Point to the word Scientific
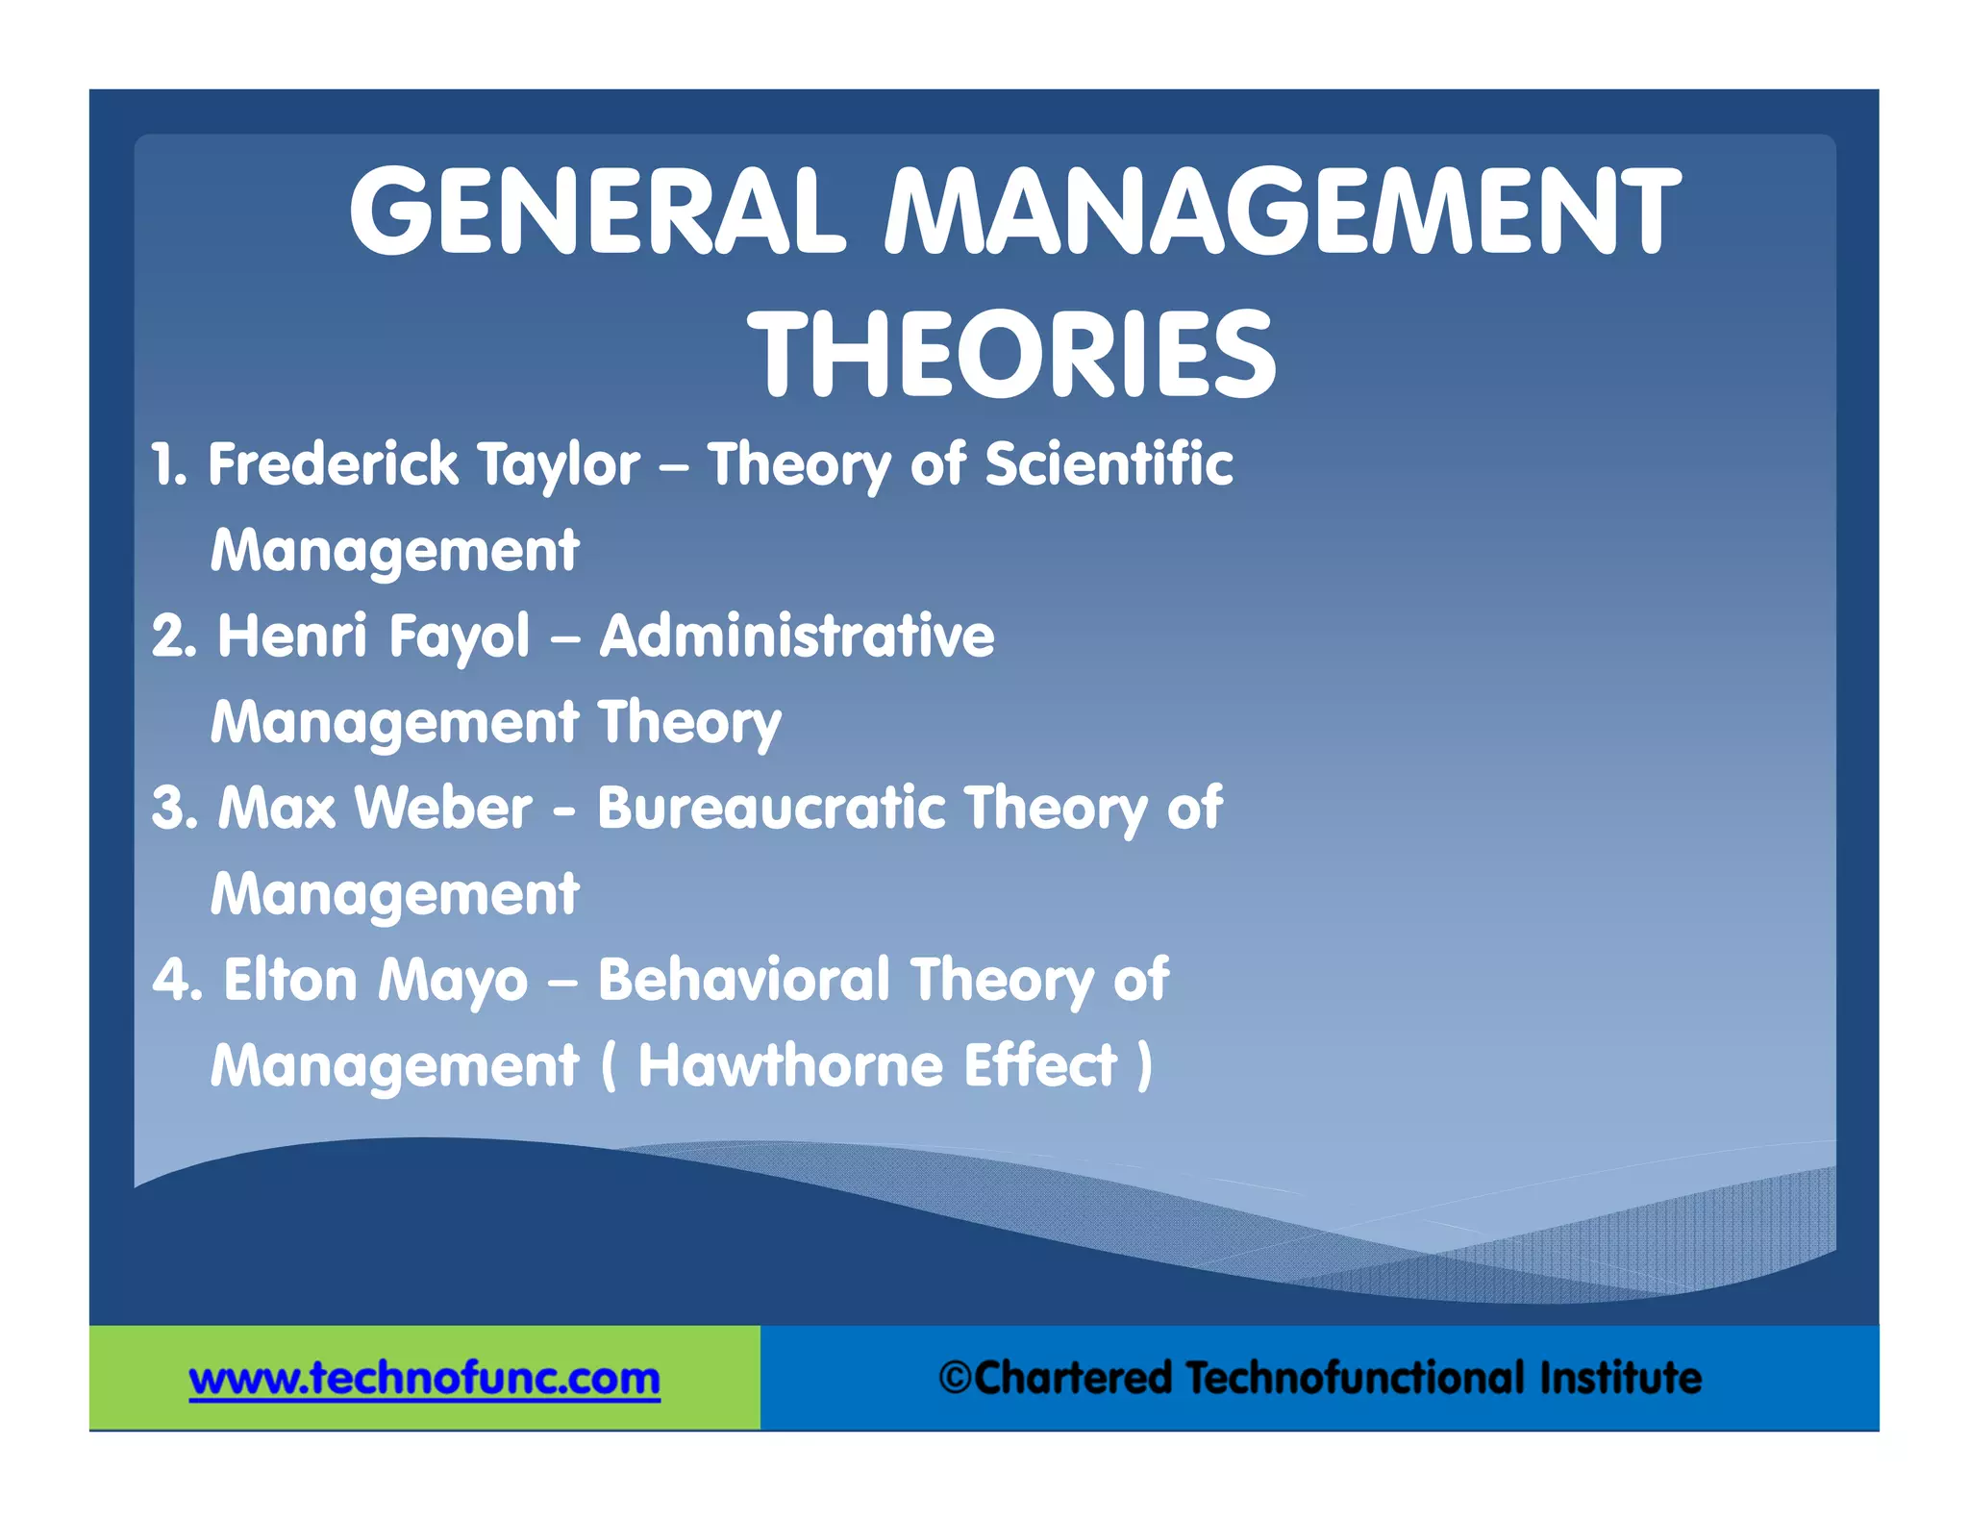coord(1109,464)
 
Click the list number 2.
coord(173,636)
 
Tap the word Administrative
coord(797,636)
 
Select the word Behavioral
coord(744,980)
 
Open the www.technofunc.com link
coord(424,1378)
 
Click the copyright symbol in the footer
coord(955,1378)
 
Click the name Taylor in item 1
coord(559,466)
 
